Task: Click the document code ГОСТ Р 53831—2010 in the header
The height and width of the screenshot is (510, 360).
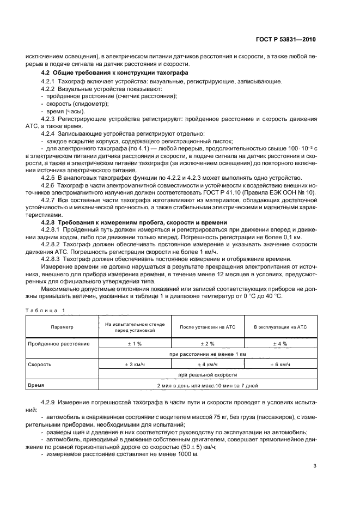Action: [x=286, y=40]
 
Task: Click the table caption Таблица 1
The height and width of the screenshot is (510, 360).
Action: [x=44, y=310]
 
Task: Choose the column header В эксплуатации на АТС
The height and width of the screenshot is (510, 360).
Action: [x=280, y=326]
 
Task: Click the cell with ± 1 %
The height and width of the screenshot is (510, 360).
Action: [x=135, y=344]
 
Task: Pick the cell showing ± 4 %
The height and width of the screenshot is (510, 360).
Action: [x=280, y=344]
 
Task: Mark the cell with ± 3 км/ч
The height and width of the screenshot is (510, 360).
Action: [x=135, y=365]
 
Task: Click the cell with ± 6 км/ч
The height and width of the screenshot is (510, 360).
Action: [x=280, y=365]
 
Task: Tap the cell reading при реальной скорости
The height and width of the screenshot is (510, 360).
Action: [x=208, y=375]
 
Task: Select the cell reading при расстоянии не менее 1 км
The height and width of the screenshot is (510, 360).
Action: [x=208, y=354]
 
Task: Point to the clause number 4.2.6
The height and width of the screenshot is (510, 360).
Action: [x=50, y=185]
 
